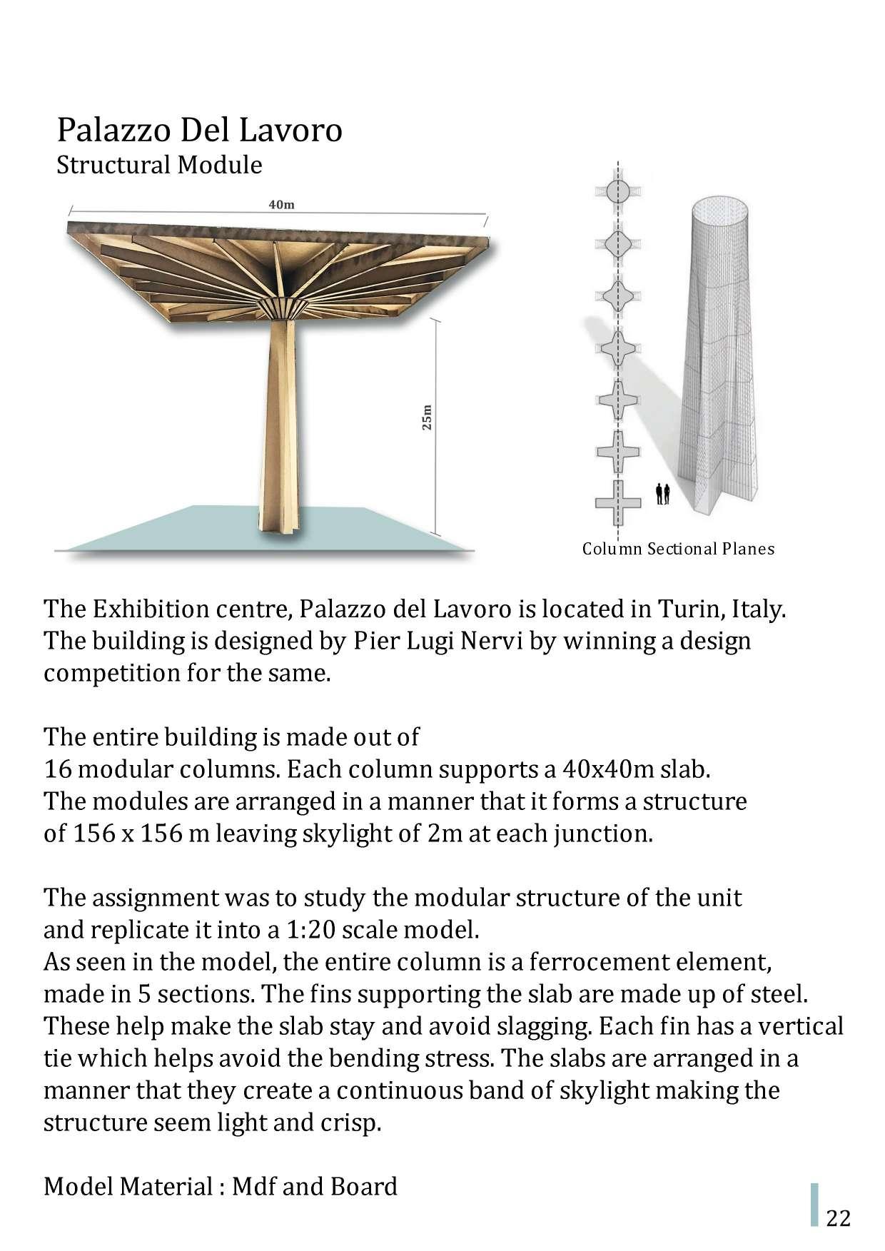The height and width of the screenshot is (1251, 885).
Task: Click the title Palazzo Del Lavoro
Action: pyautogui.click(x=199, y=131)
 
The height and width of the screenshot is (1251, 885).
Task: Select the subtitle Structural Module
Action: pyautogui.click(x=159, y=165)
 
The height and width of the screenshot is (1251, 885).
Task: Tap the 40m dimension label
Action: pyautogui.click(x=281, y=205)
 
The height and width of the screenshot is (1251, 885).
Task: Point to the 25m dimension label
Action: pyautogui.click(x=427, y=417)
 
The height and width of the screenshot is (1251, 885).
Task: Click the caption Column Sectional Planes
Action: pyautogui.click(x=678, y=549)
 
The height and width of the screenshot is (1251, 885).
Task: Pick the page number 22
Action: pyautogui.click(x=839, y=1217)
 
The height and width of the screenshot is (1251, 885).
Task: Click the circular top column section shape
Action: pyautogui.click(x=618, y=191)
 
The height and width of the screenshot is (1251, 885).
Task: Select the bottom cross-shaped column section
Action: pyautogui.click(x=618, y=502)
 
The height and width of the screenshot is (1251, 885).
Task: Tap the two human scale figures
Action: pyautogui.click(x=663, y=494)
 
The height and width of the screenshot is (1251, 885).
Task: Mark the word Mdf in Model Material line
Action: pyautogui.click(x=255, y=1186)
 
